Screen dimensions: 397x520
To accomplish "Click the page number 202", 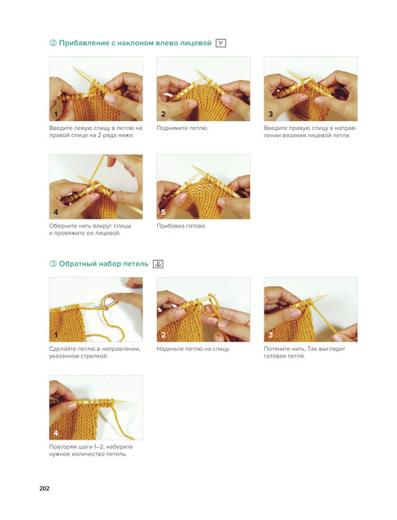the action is (44, 488).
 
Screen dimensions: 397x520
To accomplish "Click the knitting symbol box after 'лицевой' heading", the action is (220, 43).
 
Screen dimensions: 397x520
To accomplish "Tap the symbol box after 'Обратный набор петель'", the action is (158, 264).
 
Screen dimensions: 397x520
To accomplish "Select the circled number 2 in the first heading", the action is (53, 43).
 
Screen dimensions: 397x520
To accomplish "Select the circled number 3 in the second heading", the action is (53, 264).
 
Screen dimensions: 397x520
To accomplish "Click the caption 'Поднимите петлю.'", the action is (182, 128).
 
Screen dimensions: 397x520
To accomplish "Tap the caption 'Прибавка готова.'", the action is (181, 226).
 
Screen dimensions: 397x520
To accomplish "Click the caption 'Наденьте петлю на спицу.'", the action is (193, 349).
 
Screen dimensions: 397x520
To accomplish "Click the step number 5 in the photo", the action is (163, 212).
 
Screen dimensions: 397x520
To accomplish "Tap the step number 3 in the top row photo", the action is (270, 114).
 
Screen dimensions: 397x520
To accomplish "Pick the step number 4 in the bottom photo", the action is (56, 433).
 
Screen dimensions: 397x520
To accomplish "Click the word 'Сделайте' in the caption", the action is (62, 349).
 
